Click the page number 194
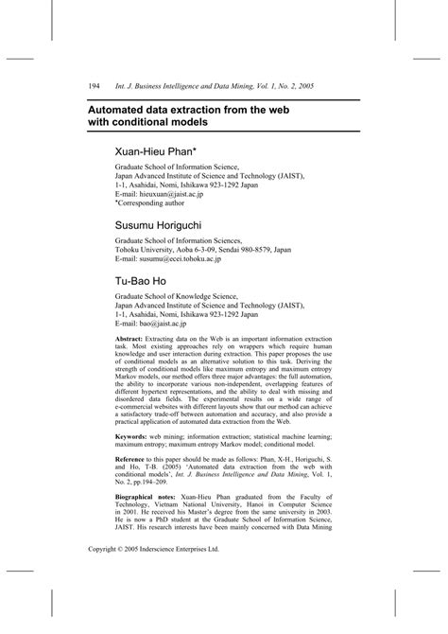[94, 86]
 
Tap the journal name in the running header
[203, 86]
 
